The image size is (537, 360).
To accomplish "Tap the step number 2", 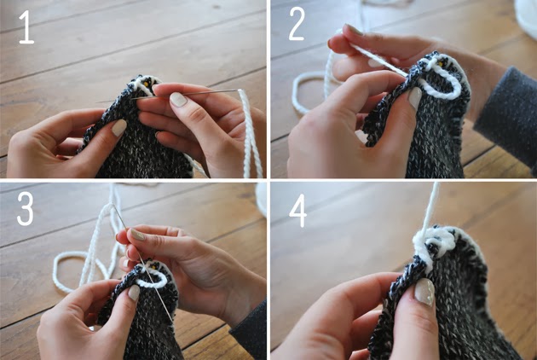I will coord(296,25).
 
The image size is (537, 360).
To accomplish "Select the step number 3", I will coord(26,208).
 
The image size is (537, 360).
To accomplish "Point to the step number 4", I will coord(297,209).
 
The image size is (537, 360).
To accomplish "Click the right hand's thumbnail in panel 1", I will coord(178,99).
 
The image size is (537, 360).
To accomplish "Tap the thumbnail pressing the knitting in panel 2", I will coord(414,97).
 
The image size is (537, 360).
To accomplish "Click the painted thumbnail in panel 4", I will coord(424,293).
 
